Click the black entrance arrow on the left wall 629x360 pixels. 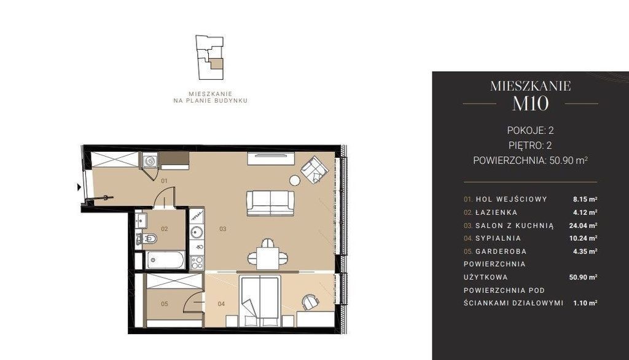[79, 187]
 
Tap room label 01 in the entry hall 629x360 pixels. [164, 181]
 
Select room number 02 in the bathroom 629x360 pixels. [165, 229]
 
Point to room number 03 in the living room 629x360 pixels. [222, 229]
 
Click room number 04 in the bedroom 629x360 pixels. [221, 304]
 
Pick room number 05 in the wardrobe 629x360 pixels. [165, 304]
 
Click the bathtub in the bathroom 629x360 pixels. [165, 260]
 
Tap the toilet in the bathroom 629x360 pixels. [147, 239]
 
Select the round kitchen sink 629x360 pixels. [197, 232]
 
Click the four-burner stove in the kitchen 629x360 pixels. [197, 262]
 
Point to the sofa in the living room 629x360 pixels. [270, 203]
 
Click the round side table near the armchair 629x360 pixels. [295, 181]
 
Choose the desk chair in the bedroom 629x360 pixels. [310, 302]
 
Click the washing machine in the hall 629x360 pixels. [149, 160]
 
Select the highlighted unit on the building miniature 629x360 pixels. [216, 65]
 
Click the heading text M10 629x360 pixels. [530, 104]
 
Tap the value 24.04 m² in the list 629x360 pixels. [584, 225]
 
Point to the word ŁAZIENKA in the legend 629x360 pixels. [496, 213]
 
